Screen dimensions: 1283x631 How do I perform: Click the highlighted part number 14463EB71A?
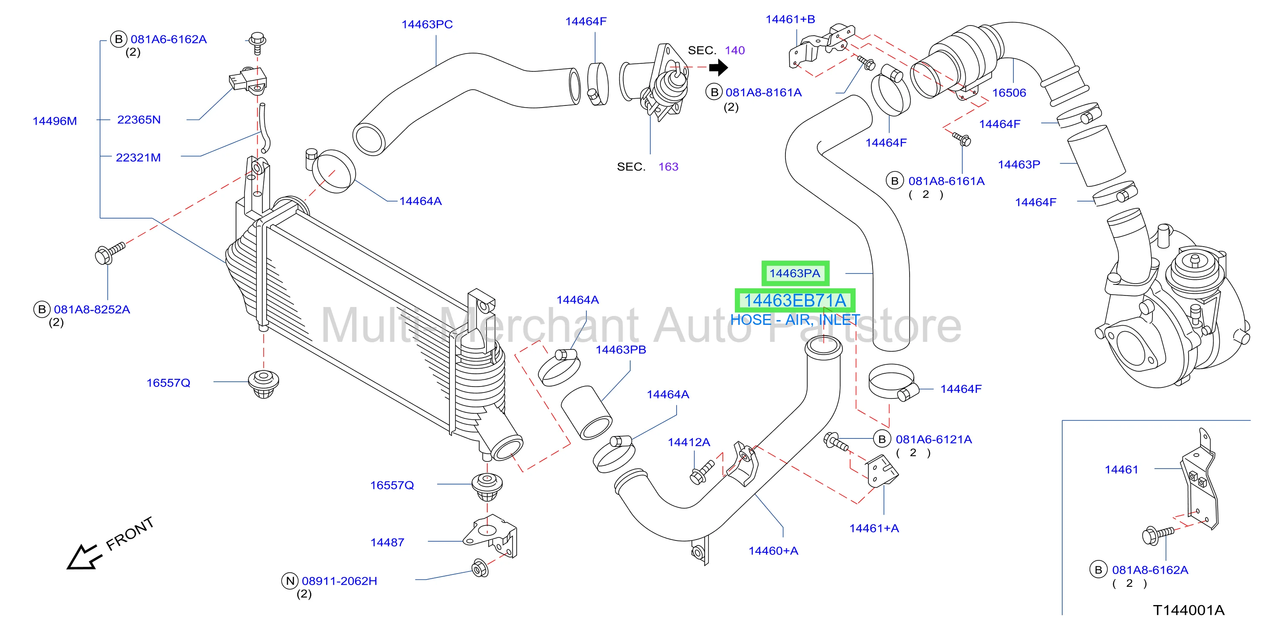[x=795, y=301]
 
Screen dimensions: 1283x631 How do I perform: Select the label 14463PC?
[x=427, y=24]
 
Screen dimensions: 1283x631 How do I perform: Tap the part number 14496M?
[x=55, y=121]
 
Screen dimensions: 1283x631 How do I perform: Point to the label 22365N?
[x=139, y=119]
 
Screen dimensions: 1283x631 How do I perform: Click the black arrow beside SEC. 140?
[x=718, y=67]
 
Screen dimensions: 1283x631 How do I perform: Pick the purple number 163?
[x=669, y=167]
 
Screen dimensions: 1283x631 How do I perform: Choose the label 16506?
[x=1009, y=93]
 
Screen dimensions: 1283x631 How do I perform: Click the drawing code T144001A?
[x=1188, y=610]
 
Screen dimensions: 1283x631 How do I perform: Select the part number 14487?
[x=387, y=543]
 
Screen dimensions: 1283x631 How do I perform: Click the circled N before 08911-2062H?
[x=290, y=581]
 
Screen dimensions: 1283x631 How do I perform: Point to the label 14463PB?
[x=620, y=350]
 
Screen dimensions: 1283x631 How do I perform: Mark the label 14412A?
[x=689, y=442]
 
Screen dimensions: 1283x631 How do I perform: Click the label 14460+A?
[x=773, y=551]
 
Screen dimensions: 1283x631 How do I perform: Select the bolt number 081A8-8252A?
[x=92, y=309]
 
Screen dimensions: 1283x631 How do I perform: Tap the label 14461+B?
[x=790, y=20]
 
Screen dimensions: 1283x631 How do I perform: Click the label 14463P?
[x=1019, y=165]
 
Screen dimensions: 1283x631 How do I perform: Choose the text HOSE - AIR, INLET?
[x=795, y=320]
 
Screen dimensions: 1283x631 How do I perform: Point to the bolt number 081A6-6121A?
[x=934, y=439]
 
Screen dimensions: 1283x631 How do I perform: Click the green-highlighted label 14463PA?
[x=795, y=273]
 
